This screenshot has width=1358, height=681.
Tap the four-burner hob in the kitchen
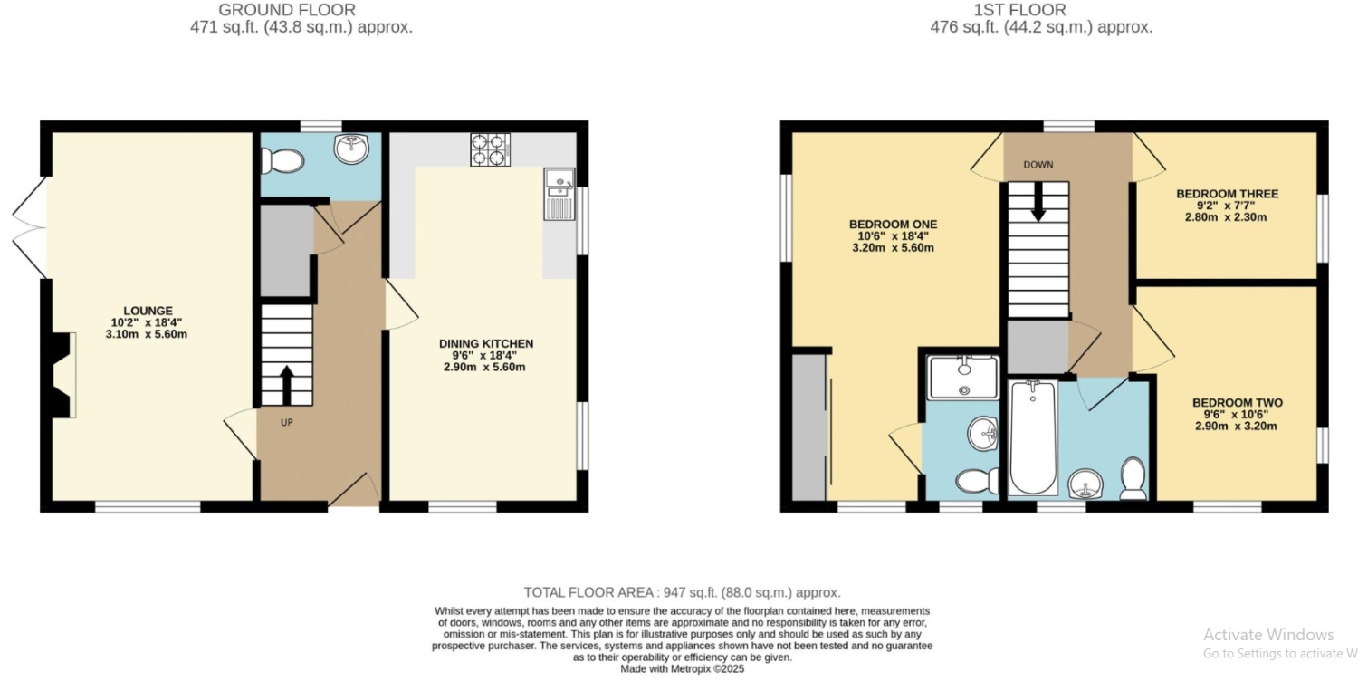tap(490, 149)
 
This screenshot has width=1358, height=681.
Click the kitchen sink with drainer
tap(559, 194)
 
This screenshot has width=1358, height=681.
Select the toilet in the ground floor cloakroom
tap(282, 161)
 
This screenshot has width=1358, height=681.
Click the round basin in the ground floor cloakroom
tap(351, 149)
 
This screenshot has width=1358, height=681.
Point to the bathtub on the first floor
tap(1033, 437)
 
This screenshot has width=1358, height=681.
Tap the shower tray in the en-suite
tap(963, 378)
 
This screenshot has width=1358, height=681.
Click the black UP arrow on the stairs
tap(287, 385)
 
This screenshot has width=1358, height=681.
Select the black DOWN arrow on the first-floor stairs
tap(1038, 202)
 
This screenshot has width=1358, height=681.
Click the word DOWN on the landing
tap(1038, 165)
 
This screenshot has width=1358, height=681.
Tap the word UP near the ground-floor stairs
tap(287, 423)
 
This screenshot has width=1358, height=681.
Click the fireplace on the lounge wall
tap(59, 375)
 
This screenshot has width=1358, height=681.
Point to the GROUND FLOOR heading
tap(287, 10)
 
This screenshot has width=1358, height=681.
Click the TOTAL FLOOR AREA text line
tap(682, 592)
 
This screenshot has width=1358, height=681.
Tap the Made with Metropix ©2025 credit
tap(682, 669)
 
